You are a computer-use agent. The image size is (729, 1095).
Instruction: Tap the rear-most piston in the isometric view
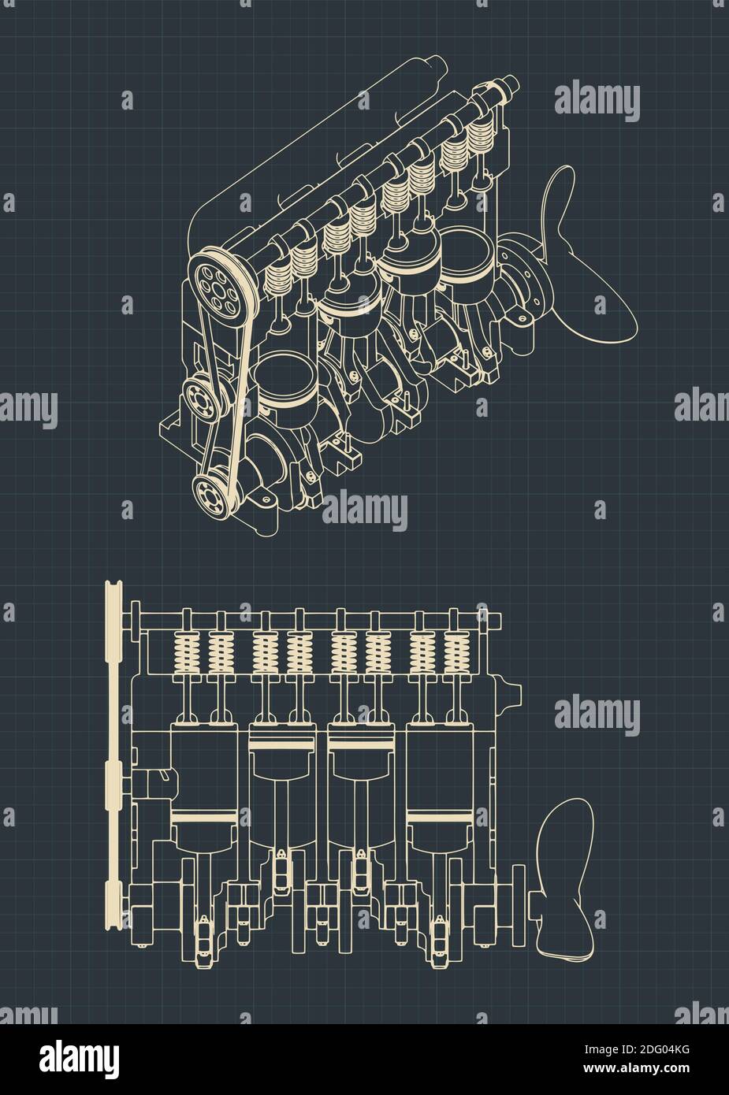[x=465, y=260]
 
